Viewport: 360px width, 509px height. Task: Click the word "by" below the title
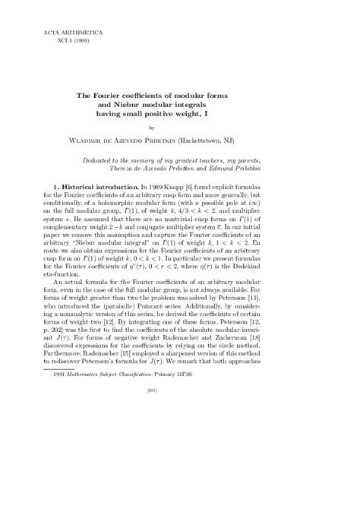tap(179, 127)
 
